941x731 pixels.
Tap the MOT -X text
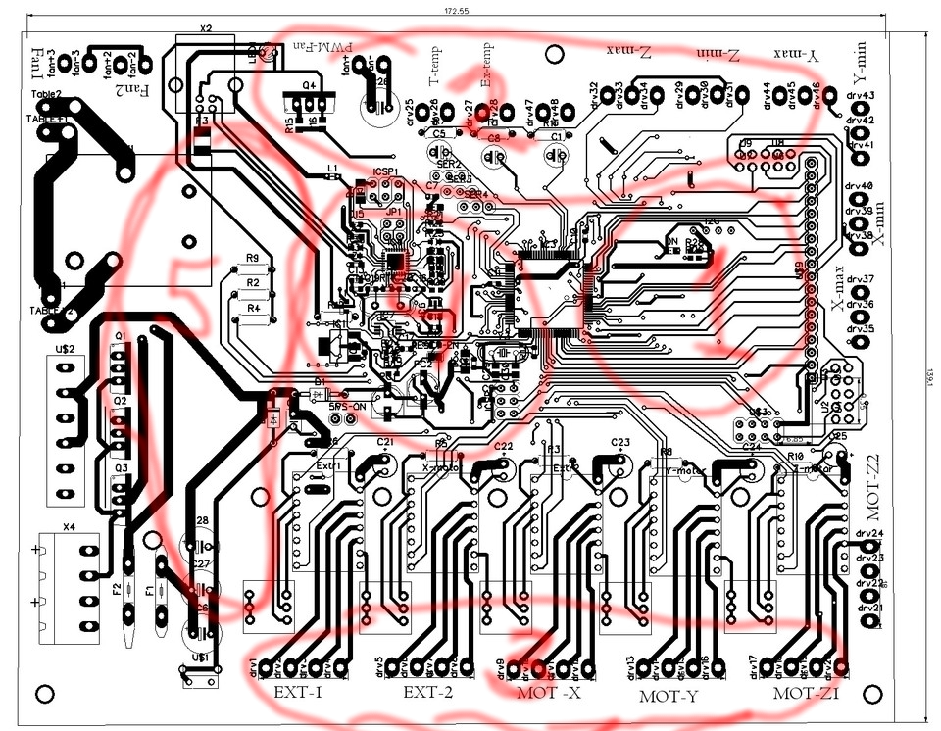549,693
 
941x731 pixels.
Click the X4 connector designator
68,527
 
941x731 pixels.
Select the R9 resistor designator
252,259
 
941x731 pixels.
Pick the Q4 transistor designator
309,85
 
